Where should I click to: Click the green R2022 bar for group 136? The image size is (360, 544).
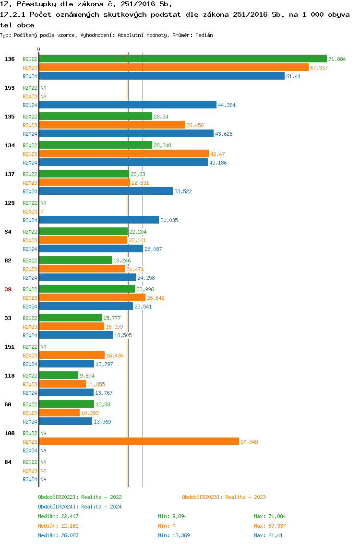(182, 59)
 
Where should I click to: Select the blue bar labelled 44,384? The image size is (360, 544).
(128, 105)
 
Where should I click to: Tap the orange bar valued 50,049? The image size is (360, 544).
(139, 442)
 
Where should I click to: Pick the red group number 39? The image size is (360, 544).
(8, 289)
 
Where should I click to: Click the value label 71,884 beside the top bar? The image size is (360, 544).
(337, 59)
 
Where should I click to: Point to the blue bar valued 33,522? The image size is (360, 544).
(106, 191)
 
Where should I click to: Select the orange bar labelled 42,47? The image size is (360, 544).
(124, 154)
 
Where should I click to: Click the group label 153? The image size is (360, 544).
(9, 88)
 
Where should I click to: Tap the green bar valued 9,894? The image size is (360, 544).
(59, 376)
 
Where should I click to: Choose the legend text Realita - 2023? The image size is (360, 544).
(245, 497)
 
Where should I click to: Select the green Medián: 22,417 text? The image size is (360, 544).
(58, 517)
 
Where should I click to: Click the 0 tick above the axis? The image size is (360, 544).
(39, 49)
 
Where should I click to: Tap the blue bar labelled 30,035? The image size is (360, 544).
(99, 220)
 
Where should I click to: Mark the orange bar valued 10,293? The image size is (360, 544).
(59, 413)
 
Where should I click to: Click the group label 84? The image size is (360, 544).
(8, 462)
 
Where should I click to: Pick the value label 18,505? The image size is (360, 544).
(122, 335)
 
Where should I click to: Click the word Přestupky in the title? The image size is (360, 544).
(32, 4)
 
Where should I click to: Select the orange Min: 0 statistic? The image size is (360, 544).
(167, 526)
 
